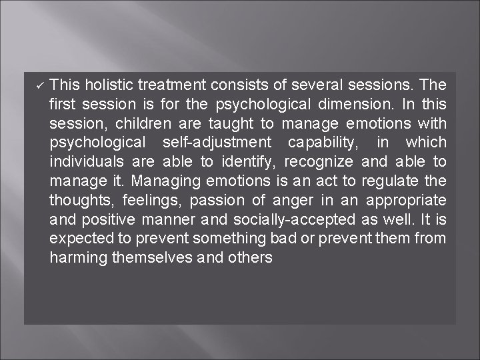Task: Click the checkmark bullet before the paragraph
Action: (39, 85)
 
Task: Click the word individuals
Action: (83, 162)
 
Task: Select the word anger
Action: (289, 200)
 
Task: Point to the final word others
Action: (251, 257)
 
